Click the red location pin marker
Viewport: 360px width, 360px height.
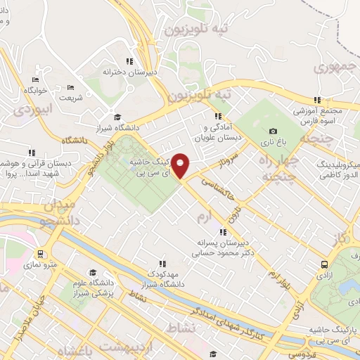coord(181,166)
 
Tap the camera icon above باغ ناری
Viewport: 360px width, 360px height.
coord(273,131)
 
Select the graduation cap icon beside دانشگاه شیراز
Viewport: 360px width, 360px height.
coord(117,117)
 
